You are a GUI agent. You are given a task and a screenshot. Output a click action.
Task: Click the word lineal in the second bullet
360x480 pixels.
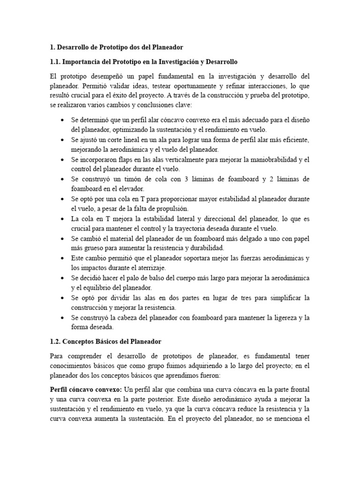[x=127, y=140]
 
